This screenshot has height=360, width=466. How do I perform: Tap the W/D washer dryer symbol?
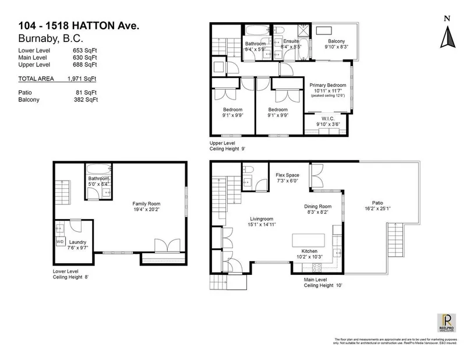click(x=60, y=241)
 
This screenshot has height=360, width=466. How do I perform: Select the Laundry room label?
click(x=77, y=242)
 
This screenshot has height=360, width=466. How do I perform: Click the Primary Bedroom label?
click(x=328, y=85)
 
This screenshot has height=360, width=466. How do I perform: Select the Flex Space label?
click(x=288, y=175)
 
